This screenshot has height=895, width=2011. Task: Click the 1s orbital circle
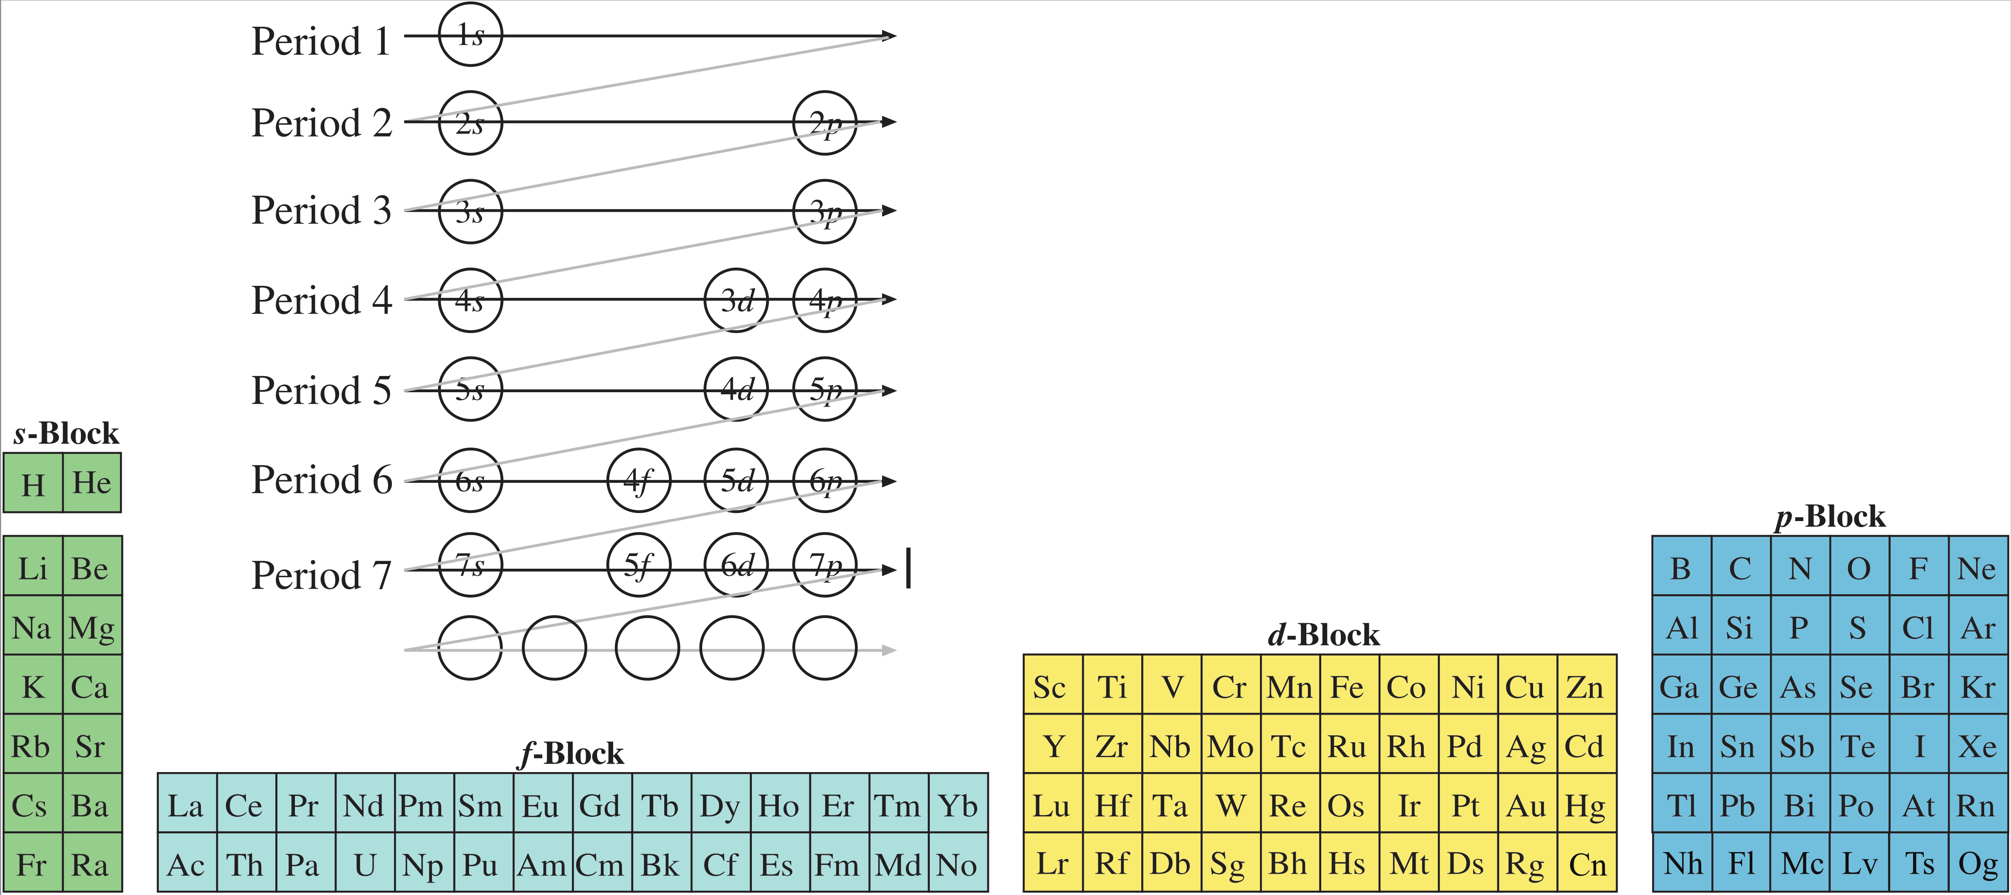470,35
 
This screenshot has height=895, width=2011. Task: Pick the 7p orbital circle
824,565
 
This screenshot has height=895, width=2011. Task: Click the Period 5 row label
321,390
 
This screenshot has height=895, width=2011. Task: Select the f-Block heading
572,754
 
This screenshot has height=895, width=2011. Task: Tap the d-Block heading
1323,635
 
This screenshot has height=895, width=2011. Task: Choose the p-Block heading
1830,516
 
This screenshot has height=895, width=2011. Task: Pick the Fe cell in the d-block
1348,687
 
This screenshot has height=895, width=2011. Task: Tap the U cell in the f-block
365,864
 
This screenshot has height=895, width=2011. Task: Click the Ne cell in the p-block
1977,568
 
